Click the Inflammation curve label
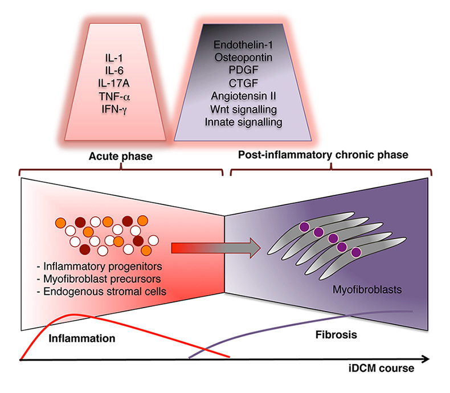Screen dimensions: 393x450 point(82,338)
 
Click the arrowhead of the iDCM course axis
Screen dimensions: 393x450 point(424,359)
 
